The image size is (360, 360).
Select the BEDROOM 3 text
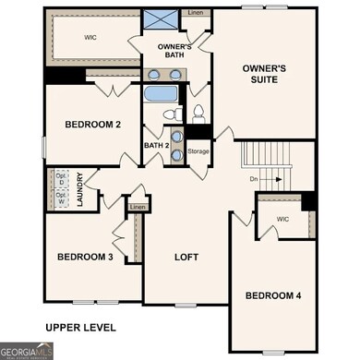[x=85, y=258]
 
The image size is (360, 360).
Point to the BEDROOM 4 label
[x=273, y=295]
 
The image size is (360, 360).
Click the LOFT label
[x=187, y=258]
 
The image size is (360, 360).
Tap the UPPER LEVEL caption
[x=81, y=327]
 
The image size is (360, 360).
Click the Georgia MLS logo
[x=26, y=351]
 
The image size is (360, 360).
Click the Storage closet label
[x=198, y=150]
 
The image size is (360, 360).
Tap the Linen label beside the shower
[x=194, y=13]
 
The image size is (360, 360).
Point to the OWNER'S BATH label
[x=174, y=51]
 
